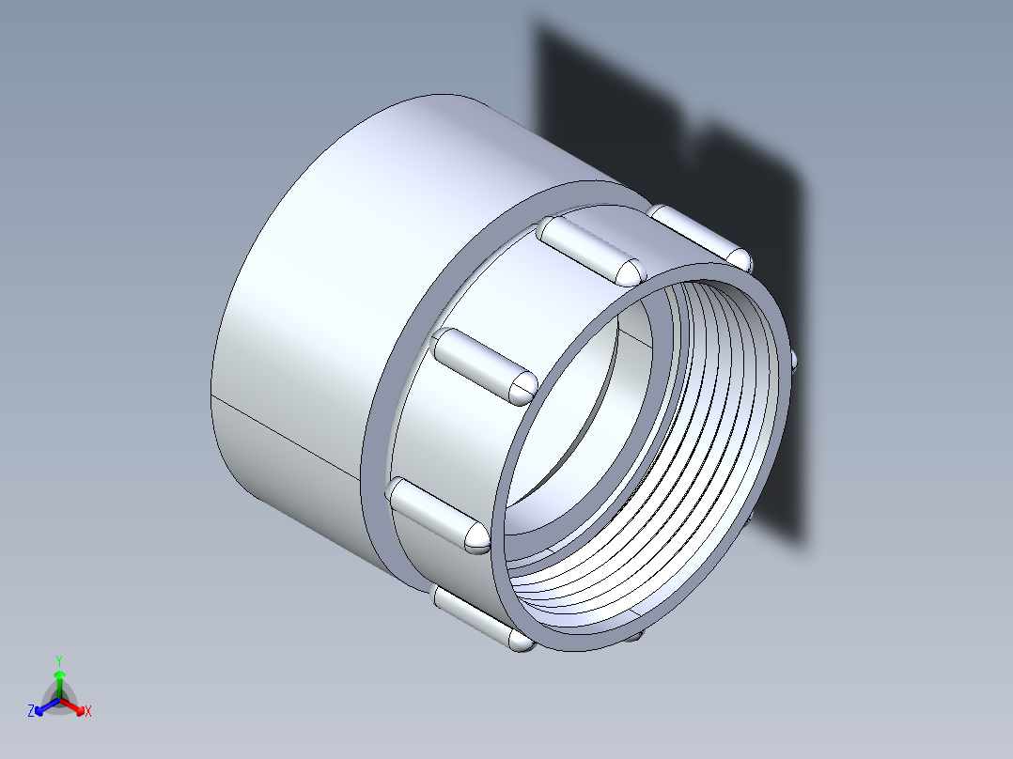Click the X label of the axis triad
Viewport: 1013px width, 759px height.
pos(88,712)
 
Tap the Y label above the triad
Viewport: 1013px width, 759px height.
pos(59,659)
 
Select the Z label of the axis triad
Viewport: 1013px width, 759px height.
pos(31,712)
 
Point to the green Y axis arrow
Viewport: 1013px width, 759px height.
pos(59,680)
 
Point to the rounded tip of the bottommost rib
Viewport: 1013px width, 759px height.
pos(521,642)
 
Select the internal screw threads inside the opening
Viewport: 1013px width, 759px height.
pos(714,423)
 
